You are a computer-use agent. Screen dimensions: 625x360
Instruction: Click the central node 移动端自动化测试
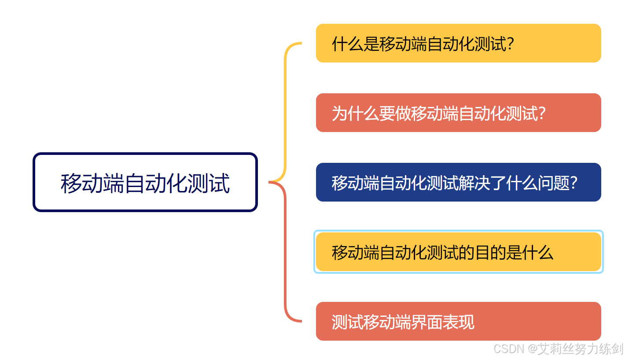click(x=145, y=182)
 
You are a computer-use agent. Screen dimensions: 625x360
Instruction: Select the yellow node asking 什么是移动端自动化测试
click(x=458, y=43)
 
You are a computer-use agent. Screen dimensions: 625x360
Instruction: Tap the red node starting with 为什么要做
click(x=458, y=113)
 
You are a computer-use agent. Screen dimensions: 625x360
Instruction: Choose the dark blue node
click(x=458, y=182)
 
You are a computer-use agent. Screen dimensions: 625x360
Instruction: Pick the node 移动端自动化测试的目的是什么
click(x=458, y=252)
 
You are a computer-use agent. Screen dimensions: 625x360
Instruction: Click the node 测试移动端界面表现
click(x=458, y=321)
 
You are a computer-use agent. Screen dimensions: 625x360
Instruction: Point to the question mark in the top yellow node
click(x=511, y=44)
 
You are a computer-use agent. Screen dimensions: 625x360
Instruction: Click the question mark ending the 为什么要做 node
click(x=542, y=113)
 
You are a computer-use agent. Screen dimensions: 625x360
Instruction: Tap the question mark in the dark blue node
click(x=574, y=183)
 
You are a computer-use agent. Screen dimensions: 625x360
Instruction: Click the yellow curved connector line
click(x=286, y=110)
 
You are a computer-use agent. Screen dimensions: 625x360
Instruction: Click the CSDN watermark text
click(x=508, y=349)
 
